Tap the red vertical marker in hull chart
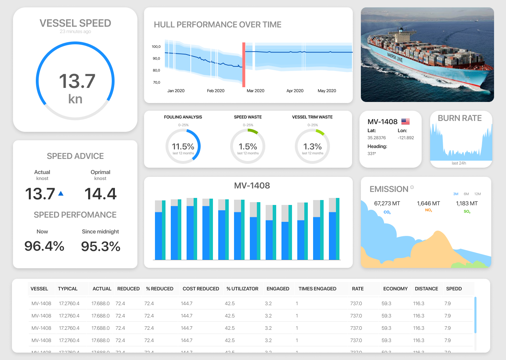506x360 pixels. coord(244,65)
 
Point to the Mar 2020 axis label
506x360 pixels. coord(255,91)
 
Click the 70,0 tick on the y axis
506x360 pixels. coord(156,83)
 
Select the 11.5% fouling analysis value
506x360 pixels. coord(183,147)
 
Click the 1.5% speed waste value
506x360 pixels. coord(248,147)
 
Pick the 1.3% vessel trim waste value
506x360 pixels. coord(312,147)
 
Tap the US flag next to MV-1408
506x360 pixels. coord(406,122)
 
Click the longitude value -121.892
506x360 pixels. coord(406,138)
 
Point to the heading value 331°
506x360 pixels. coord(372,154)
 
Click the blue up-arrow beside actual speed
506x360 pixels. coord(61,193)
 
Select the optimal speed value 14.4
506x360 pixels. coord(100,194)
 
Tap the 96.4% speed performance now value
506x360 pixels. coord(44,246)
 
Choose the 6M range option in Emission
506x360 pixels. coord(466,194)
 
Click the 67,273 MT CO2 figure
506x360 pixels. coord(387,204)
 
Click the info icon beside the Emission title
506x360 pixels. coord(412,187)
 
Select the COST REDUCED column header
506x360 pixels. coord(201,289)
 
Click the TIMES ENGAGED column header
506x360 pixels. coord(317,289)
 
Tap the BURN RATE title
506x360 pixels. coord(460,118)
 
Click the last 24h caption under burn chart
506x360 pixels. coord(459,163)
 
